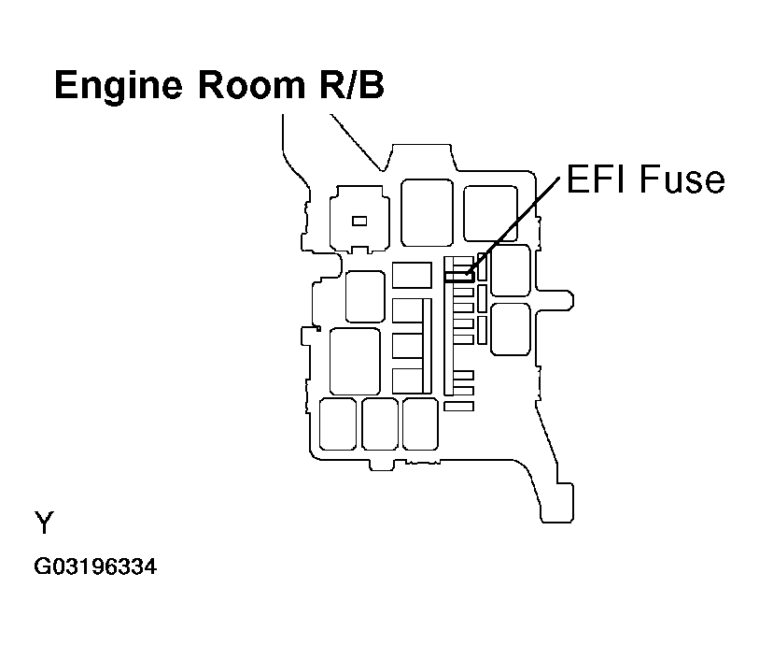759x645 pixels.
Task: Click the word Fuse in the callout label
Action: pos(682,179)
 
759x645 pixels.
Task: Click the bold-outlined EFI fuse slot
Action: pos(459,277)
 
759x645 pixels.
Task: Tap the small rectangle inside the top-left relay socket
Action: pos(358,221)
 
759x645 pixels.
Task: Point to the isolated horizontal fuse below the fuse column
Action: pos(459,407)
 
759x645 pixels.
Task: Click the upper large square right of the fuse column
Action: pos(510,271)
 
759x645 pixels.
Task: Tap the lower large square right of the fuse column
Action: pos(510,329)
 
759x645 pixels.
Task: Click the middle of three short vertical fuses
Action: pos(482,298)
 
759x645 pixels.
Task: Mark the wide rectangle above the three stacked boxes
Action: pos(412,275)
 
